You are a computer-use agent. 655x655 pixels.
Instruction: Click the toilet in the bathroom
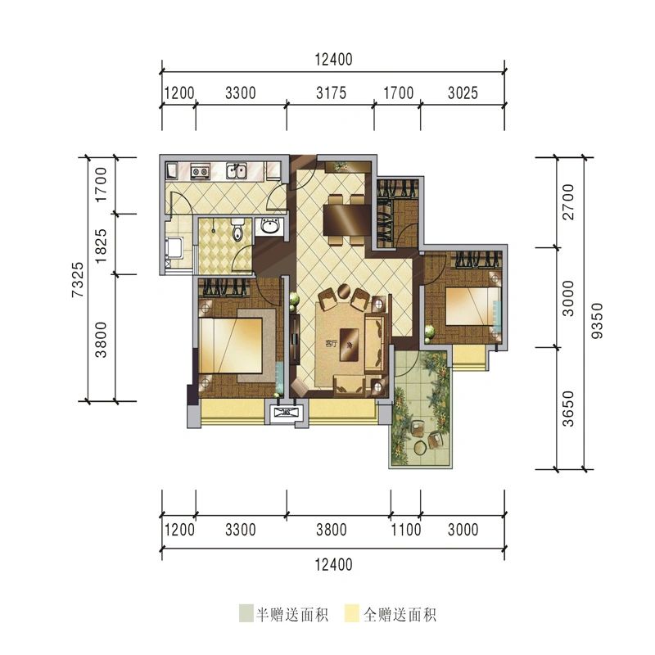coord(237,232)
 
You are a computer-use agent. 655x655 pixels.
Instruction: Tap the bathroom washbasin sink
coord(269,228)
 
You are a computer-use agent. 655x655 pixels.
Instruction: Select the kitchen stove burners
coord(199,171)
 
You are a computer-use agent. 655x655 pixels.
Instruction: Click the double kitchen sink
coord(237,171)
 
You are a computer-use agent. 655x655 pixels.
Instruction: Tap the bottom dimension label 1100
coord(405,530)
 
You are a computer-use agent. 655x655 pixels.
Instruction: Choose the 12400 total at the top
coord(332,59)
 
